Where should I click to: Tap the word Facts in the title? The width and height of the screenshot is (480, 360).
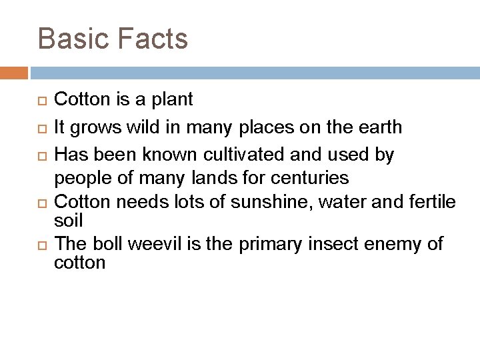(153, 39)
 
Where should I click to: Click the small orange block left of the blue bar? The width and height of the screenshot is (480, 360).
(14, 72)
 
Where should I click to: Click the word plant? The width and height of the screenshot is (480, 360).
(171, 101)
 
